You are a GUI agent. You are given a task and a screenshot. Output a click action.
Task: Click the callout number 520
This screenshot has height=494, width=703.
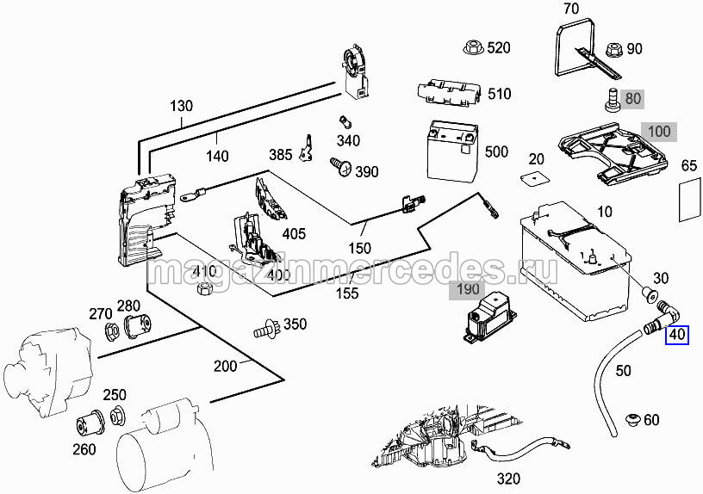(x=499, y=47)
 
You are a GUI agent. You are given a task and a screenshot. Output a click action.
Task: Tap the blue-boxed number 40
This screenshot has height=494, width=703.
(x=677, y=334)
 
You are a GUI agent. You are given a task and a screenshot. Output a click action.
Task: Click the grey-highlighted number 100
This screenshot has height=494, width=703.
(x=659, y=133)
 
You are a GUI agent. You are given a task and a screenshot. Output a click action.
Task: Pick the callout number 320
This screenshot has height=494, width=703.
(x=509, y=479)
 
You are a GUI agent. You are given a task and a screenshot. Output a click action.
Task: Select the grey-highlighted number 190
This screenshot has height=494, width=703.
(x=467, y=289)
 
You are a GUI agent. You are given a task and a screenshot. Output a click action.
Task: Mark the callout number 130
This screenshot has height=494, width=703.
(x=182, y=107)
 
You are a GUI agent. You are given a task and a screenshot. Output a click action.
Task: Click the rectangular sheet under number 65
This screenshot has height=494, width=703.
(x=688, y=200)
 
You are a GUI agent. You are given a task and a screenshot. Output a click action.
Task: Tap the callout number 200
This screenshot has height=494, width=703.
(x=226, y=366)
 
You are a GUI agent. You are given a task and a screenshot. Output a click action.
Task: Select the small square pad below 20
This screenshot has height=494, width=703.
(x=536, y=179)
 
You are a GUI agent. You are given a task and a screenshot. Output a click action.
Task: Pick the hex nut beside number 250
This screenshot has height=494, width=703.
(x=116, y=417)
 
